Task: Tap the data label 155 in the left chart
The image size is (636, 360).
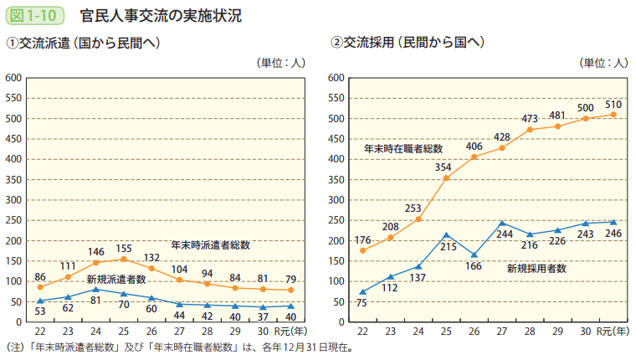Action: tap(123, 249)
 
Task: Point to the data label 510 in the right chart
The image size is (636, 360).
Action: tap(612, 102)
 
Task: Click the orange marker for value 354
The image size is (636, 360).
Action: tap(446, 178)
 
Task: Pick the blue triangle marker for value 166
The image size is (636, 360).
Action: tap(474, 255)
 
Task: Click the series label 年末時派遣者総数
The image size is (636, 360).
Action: tap(211, 245)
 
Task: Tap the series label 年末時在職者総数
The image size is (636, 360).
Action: tap(403, 148)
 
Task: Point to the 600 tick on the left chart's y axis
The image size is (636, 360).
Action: tap(14, 78)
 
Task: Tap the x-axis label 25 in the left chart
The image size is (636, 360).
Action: tap(123, 332)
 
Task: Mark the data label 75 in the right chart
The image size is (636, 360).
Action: tap(361, 304)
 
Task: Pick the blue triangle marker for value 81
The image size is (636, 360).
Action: tap(95, 289)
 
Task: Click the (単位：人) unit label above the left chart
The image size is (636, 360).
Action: tap(280, 61)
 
